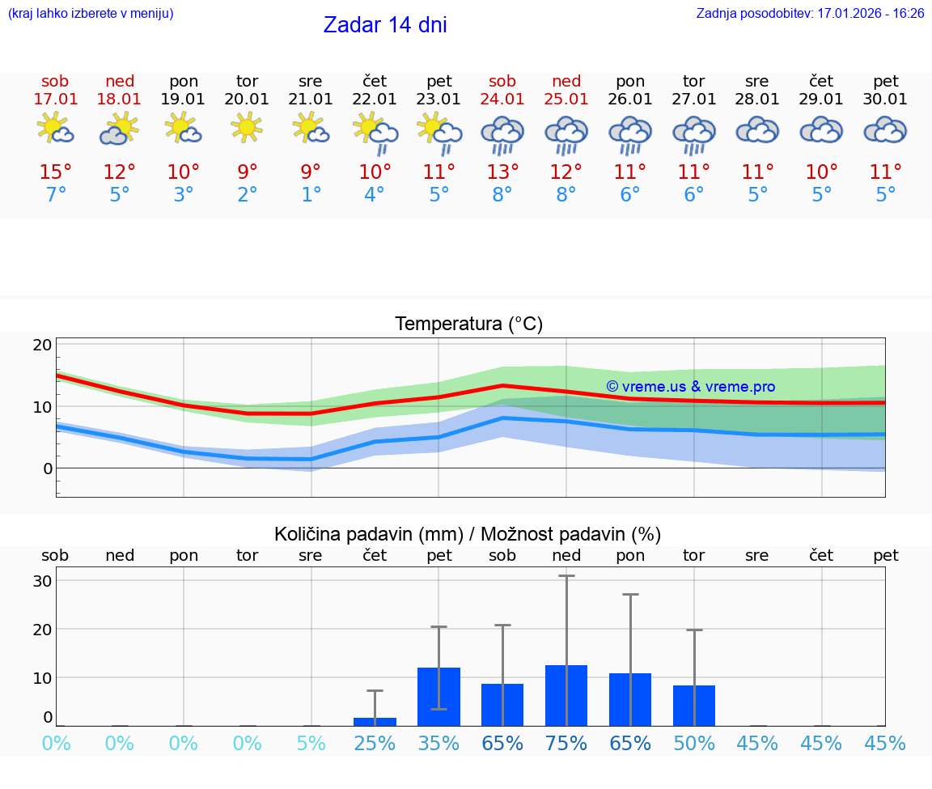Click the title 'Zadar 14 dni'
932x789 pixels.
385,25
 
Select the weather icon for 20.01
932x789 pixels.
247,128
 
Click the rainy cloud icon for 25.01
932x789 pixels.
566,134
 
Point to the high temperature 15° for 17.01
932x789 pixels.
56,172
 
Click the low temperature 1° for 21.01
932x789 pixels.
311,195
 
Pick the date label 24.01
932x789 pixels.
502,100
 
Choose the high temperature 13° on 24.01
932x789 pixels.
502,172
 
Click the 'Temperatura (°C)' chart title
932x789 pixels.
468,325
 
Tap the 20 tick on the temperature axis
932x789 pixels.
42,346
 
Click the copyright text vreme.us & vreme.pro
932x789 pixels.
690,387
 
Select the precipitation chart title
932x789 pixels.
468,534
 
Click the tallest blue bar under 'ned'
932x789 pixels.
566,695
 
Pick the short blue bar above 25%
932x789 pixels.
375,721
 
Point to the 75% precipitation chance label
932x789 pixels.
566,744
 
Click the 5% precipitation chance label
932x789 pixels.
311,744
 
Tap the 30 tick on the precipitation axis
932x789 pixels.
42,581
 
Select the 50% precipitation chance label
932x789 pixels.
694,744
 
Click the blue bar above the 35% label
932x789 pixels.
438,697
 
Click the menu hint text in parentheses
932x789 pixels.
91,14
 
